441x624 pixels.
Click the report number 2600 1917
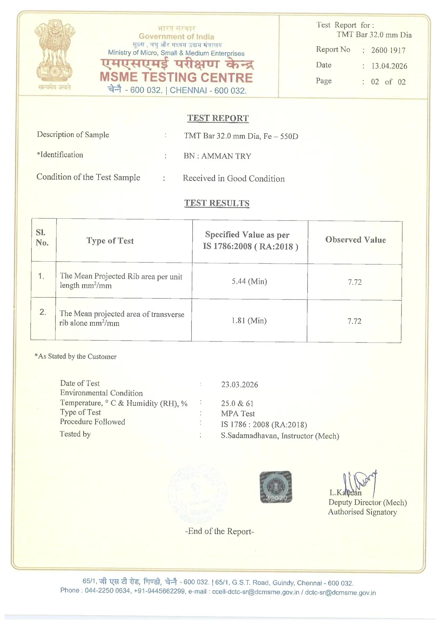(x=388, y=50)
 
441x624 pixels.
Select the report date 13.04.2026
(x=389, y=66)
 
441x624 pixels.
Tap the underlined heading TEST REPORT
(x=218, y=118)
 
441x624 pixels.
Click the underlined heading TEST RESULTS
(x=217, y=203)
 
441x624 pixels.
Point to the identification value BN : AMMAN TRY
(x=217, y=156)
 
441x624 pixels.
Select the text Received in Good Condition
(x=234, y=179)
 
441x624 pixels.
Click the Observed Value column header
(x=355, y=240)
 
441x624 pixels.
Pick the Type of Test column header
(x=110, y=241)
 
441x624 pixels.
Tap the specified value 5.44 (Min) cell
(x=249, y=281)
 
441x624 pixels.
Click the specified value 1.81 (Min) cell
(x=249, y=321)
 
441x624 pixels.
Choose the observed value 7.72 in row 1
(x=355, y=282)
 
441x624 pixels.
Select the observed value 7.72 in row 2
(x=354, y=321)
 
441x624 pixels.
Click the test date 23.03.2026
(x=239, y=385)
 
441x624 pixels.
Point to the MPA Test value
(x=238, y=414)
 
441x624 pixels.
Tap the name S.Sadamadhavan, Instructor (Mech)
(x=280, y=436)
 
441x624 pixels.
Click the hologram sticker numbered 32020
(x=276, y=487)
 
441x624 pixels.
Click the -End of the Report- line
(x=220, y=531)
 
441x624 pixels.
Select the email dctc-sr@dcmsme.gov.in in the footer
(x=340, y=593)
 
